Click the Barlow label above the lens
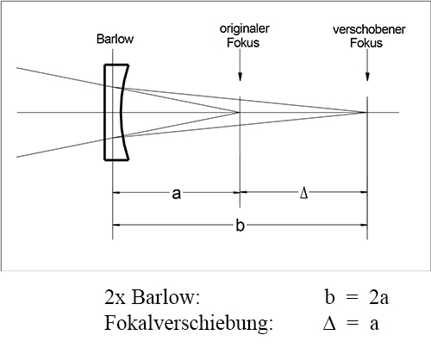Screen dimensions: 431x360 [x=115, y=39]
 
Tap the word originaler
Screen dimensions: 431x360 [x=245, y=28]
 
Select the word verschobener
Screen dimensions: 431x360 [x=369, y=29]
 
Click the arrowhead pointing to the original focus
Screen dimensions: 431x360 [x=240, y=77]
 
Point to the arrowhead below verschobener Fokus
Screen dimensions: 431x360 [x=367, y=77]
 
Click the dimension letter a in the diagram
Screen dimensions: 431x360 [x=177, y=194]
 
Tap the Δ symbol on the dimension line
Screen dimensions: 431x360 [x=303, y=193]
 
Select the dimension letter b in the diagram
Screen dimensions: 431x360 [x=240, y=225]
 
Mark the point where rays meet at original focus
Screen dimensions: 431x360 [x=240, y=112]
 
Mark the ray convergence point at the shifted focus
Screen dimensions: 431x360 [x=366, y=112]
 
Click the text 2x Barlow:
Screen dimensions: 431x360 [x=152, y=297]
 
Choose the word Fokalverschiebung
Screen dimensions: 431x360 [x=187, y=323]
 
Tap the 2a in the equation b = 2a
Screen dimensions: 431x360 [x=378, y=297]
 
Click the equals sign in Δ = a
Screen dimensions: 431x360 [x=353, y=323]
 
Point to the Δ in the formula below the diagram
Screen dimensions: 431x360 [x=329, y=323]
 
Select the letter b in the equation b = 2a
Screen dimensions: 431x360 [x=329, y=296]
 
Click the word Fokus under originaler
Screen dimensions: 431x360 [x=243, y=42]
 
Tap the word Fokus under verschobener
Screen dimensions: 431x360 [x=366, y=43]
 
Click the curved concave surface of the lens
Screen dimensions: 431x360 [x=122, y=112]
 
